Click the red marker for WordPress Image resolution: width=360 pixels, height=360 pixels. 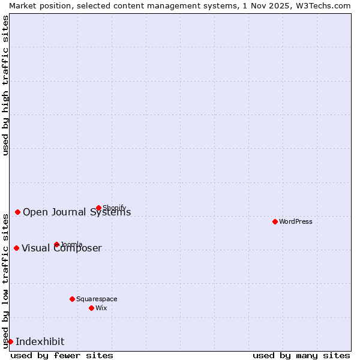point(275,221)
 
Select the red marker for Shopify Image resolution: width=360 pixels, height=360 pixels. point(98,208)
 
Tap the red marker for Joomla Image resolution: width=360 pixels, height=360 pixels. point(56,244)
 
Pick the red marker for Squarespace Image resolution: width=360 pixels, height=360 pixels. point(72,299)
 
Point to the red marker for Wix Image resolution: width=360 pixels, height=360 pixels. point(91,308)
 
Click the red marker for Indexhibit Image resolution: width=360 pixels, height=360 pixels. point(10,341)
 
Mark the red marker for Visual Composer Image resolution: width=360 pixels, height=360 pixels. point(16,248)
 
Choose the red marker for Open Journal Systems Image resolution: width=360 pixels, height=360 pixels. point(17,212)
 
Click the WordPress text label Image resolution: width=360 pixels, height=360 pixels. point(296,221)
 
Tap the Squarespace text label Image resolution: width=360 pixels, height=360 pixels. point(97,299)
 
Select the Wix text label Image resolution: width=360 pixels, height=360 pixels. point(101,308)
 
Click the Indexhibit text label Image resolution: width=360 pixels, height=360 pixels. point(40,341)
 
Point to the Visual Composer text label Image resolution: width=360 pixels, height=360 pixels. point(62,248)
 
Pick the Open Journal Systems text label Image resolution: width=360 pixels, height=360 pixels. point(77,212)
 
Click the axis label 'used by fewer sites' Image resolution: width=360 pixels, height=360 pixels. point(62,355)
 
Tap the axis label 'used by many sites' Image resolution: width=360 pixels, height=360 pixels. point(301,355)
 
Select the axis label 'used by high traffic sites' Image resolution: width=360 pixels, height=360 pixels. point(5,85)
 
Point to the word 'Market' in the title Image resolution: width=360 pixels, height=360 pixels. point(23,5)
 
